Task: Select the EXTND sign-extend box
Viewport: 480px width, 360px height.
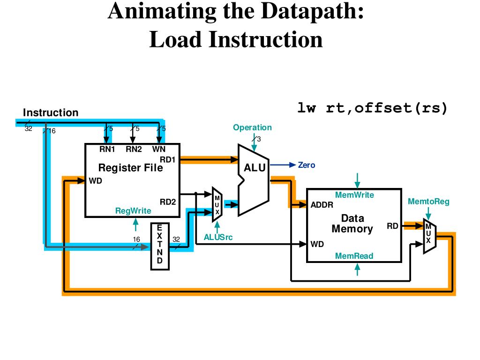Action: point(159,247)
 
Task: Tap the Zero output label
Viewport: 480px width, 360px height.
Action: point(307,165)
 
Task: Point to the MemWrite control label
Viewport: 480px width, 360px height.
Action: point(354,195)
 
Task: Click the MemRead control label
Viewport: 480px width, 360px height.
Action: point(354,256)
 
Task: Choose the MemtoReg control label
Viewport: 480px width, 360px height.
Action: point(428,202)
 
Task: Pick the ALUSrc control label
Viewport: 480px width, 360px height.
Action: point(218,238)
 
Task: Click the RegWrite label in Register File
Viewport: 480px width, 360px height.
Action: point(133,211)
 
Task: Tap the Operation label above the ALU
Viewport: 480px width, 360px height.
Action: point(252,127)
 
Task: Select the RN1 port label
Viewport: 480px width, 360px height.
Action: point(107,150)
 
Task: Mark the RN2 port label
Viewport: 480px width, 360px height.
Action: point(134,150)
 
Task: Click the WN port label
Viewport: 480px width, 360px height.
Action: point(158,150)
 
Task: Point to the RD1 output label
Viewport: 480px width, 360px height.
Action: point(167,159)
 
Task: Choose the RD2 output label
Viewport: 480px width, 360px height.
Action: point(167,202)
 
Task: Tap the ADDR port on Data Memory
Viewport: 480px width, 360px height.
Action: point(322,205)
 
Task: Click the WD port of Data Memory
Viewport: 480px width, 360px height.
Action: point(317,244)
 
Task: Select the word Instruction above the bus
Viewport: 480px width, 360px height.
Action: point(51,113)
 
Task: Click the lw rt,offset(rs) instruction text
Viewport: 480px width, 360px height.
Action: point(373,108)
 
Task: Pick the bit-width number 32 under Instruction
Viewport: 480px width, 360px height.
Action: point(29,129)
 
